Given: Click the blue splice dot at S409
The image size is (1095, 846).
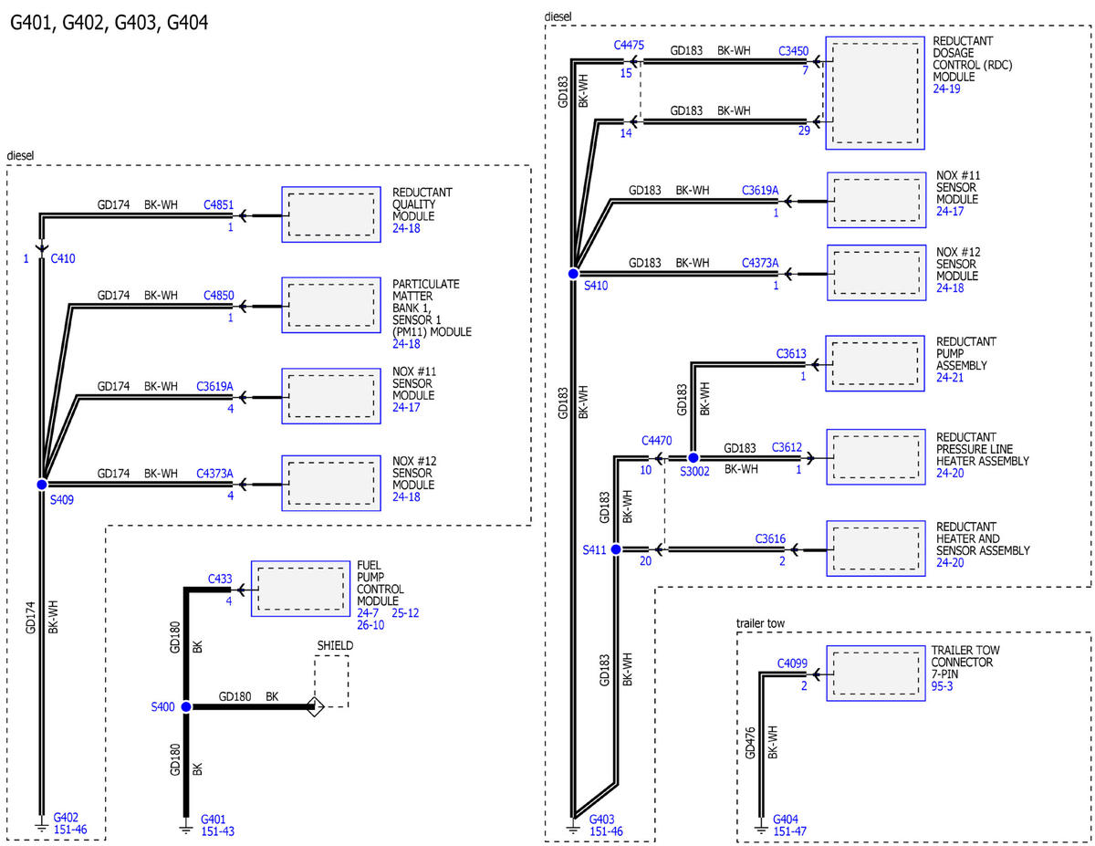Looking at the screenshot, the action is tap(42, 485).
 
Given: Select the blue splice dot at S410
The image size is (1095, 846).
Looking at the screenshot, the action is tap(573, 274).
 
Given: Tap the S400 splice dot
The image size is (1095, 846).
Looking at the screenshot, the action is tap(186, 707).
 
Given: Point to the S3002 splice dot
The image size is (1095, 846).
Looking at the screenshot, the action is tap(693, 458).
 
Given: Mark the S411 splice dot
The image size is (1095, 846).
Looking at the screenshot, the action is tap(616, 549).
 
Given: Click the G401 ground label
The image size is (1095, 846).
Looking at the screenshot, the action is tap(213, 820).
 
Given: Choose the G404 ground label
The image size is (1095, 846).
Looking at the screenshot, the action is tap(785, 820).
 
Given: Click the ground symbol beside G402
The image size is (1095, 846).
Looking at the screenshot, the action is tap(42, 828).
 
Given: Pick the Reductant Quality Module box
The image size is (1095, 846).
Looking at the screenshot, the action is tap(331, 214).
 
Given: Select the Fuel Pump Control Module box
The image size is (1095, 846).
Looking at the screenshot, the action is tap(300, 589).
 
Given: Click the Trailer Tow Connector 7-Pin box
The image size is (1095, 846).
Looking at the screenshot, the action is tap(876, 674).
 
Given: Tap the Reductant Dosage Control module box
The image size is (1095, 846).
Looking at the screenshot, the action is tap(875, 93).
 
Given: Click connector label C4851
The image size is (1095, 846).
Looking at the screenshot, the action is tap(218, 205).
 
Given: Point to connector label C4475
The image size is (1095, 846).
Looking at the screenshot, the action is tap(629, 46).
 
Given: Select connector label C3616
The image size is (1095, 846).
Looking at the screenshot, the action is tap(770, 539).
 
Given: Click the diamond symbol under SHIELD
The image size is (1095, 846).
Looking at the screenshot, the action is tap(315, 707).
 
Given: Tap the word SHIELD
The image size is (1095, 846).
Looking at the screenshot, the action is tap(335, 645).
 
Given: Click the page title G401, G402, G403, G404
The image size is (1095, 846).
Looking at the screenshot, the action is tap(109, 23).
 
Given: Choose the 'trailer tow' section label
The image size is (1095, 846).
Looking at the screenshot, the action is tap(760, 623).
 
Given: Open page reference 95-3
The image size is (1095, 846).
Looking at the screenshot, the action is tap(942, 686).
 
